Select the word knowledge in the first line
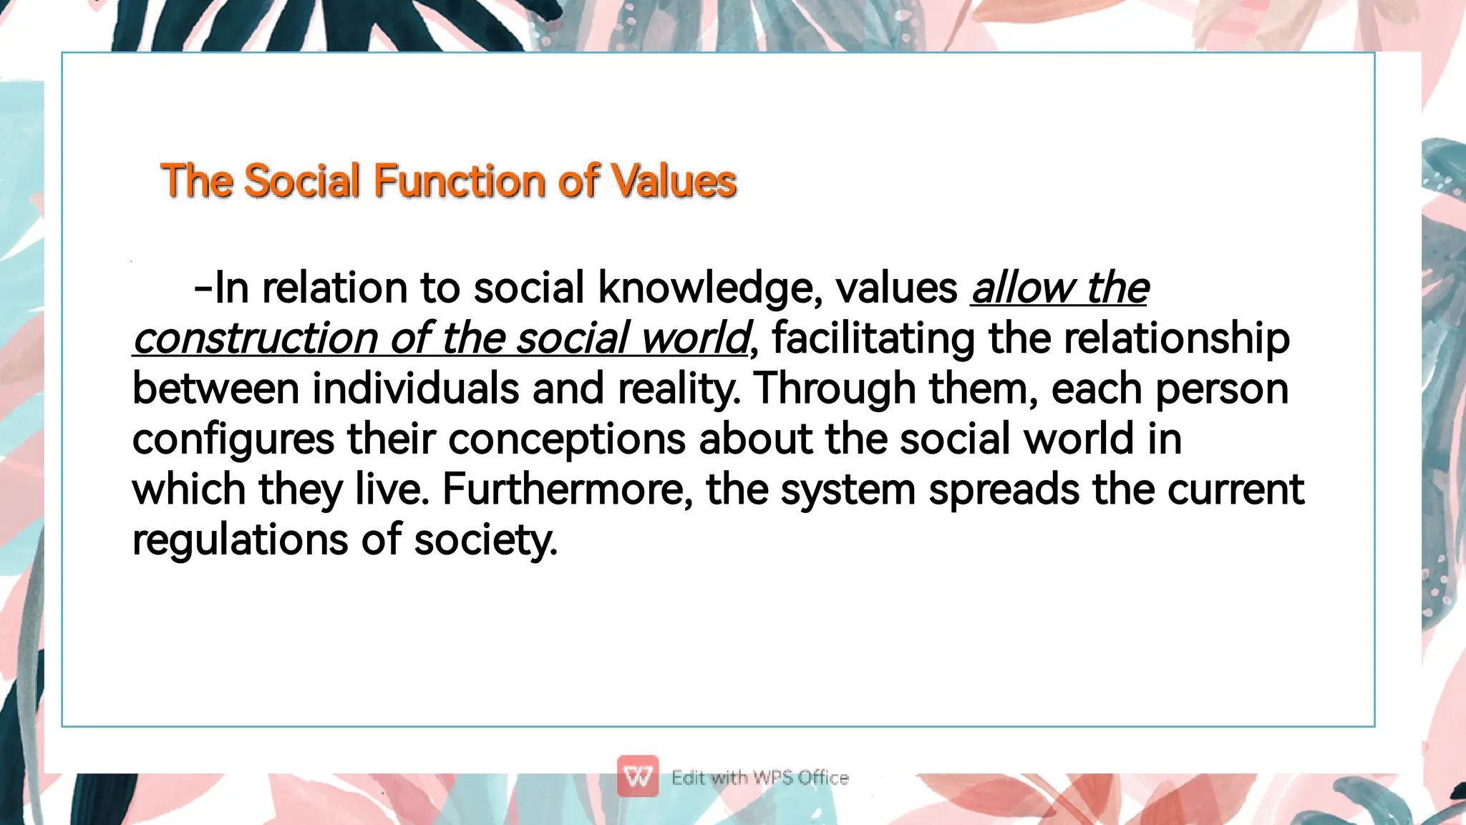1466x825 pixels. click(709, 288)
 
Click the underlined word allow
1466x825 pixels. click(1021, 288)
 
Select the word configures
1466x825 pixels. click(233, 439)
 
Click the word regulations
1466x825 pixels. click(240, 540)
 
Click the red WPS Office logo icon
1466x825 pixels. click(638, 776)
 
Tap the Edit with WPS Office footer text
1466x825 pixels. click(759, 778)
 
